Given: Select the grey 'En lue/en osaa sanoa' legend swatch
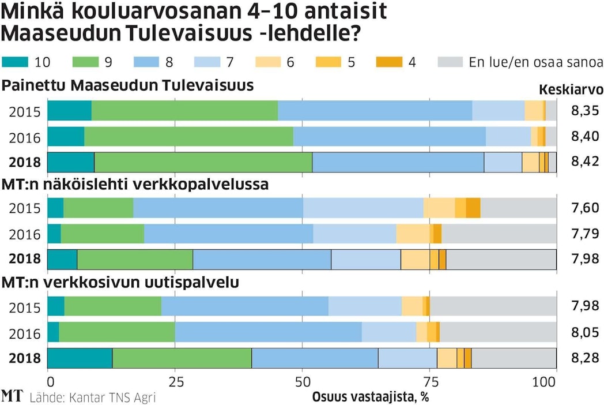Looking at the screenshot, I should (451, 62).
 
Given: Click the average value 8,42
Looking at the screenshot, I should (585, 163).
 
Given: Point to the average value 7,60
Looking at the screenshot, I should (585, 208).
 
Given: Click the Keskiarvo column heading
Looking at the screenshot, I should (571, 90).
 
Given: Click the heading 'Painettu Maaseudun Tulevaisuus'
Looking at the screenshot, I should (128, 86).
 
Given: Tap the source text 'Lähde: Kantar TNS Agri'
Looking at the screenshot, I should (92, 397).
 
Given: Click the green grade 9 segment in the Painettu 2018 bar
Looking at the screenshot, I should (203, 163).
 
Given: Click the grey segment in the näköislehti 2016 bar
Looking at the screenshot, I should (499, 233).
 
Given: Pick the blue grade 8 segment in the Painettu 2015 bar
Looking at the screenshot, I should (375, 110).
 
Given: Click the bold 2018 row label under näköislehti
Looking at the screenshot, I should (25, 258).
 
